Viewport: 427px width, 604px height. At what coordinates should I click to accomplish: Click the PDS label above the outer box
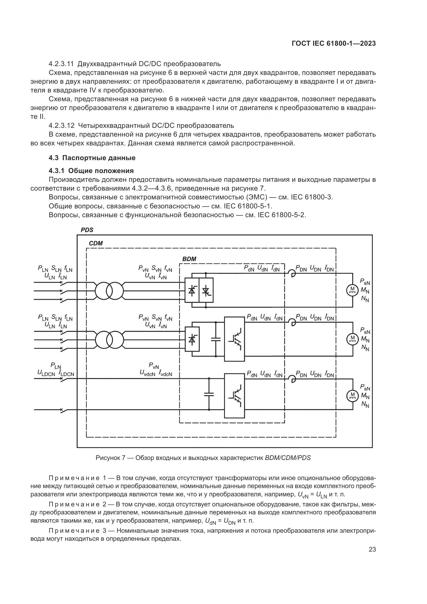[x=87, y=230]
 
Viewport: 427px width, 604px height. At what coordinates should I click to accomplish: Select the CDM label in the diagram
[x=96, y=243]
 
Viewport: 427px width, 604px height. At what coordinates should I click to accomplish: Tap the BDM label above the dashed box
[x=189, y=259]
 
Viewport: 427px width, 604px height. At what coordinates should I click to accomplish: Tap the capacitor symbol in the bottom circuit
[x=209, y=394]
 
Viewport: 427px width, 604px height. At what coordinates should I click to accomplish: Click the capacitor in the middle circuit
[x=216, y=339]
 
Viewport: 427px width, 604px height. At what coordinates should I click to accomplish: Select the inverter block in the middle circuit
[x=234, y=339]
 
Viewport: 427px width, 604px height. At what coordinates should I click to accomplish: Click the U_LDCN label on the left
[x=46, y=373]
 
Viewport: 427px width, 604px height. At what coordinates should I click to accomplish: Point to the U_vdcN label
[x=148, y=373]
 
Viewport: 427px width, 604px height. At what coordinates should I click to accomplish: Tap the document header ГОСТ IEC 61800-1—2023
[x=334, y=44]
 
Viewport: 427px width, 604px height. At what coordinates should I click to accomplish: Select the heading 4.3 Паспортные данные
[x=92, y=158]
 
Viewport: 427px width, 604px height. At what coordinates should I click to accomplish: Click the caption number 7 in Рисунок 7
[x=123, y=458]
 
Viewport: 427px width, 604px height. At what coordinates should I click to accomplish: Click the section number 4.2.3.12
[x=62, y=125]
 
